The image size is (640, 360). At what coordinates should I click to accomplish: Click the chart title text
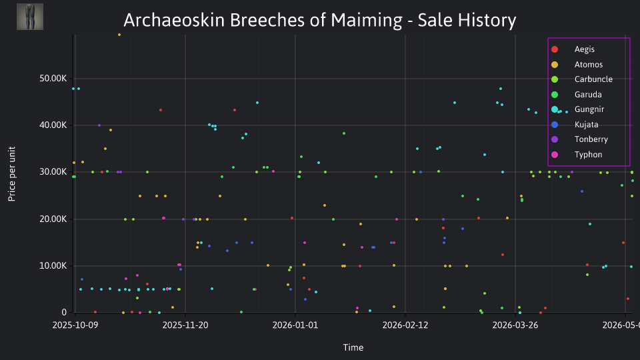319,20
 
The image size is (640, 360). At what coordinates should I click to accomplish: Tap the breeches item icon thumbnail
30,17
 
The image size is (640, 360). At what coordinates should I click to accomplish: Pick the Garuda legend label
588,95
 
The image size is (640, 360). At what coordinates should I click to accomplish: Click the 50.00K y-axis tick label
53,79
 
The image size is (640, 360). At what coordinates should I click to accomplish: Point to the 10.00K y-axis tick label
53,266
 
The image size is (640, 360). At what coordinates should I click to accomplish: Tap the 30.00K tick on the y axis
53,172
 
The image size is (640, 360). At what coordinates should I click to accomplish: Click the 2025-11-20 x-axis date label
185,325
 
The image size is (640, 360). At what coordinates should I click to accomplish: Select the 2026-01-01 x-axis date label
295,325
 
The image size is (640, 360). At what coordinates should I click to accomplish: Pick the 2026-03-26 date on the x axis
515,325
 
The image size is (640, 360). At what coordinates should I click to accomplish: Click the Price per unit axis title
12,174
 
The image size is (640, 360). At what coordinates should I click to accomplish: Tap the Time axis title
353,347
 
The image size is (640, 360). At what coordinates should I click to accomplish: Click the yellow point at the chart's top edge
119,35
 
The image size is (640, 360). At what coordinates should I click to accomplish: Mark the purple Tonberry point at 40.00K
99,125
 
